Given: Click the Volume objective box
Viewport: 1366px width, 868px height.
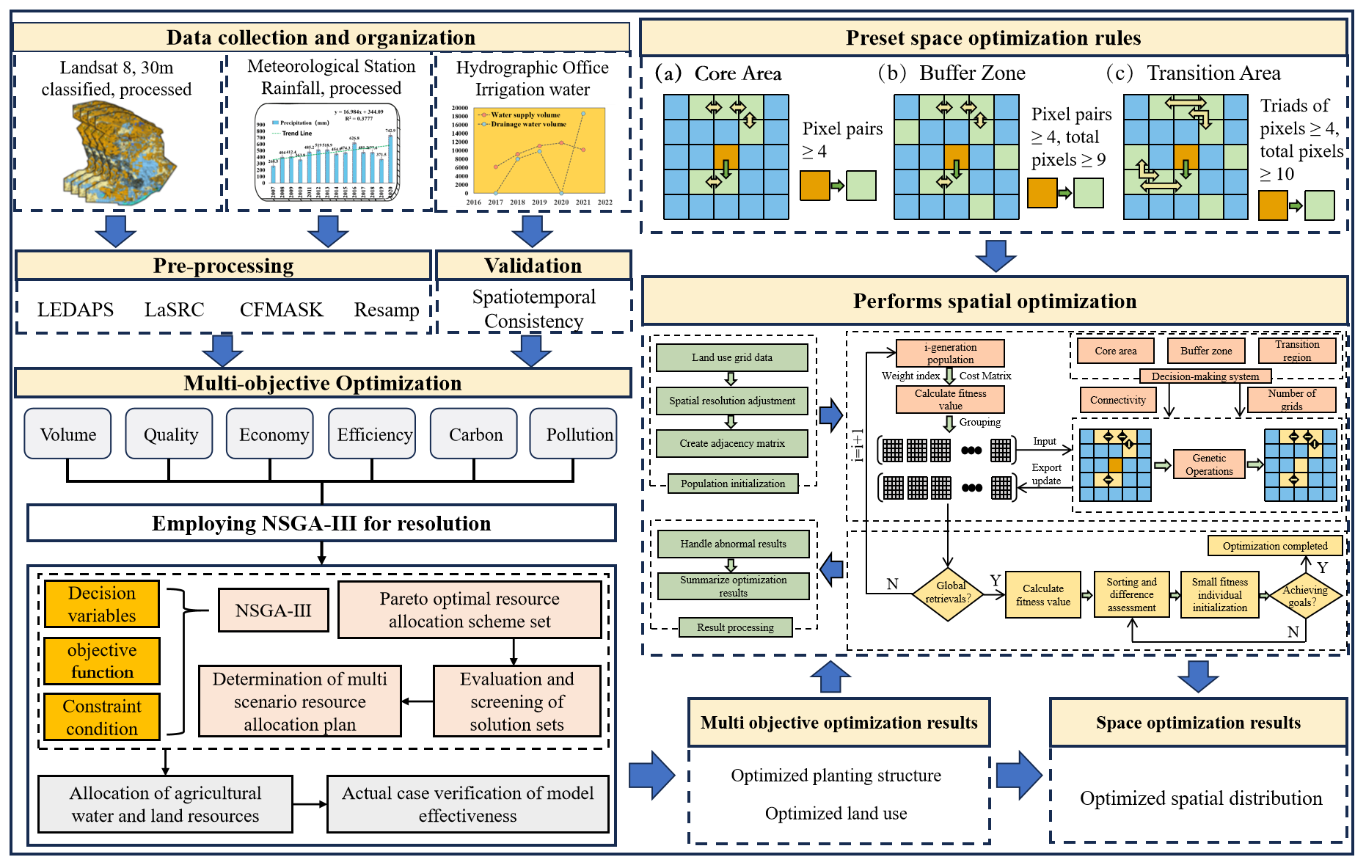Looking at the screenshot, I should tap(67, 434).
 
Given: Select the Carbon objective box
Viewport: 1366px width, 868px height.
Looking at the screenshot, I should tap(475, 434).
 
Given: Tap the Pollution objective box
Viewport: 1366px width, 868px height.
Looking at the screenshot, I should tap(573, 434).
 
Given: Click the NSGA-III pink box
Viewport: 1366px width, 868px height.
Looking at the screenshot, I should tap(273, 610).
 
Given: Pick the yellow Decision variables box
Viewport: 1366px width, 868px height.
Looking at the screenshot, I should tap(102, 604).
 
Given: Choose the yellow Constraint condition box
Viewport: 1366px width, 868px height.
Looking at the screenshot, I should tap(102, 717).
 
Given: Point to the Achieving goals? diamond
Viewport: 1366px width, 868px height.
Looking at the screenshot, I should tap(1304, 596).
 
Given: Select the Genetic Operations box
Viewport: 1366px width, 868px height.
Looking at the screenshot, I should tap(1209, 464).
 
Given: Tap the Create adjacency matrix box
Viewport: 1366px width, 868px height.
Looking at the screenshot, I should tap(731, 443).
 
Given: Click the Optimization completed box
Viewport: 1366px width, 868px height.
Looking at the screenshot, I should tap(1274, 546).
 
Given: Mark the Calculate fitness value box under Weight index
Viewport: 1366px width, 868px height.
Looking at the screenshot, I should tap(950, 399).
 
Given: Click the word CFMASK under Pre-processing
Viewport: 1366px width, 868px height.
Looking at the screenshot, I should tap(281, 310).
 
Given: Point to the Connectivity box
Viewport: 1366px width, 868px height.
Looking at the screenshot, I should tap(1117, 400).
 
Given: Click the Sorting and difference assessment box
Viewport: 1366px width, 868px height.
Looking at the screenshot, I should tap(1131, 594).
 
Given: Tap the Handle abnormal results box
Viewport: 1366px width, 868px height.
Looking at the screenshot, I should tap(733, 544).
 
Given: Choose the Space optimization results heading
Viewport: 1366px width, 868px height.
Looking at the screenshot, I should tap(1198, 723).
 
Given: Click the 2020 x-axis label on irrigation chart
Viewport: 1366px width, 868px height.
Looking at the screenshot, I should tap(561, 202).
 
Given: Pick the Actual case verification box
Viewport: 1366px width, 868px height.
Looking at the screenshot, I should tap(467, 804).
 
